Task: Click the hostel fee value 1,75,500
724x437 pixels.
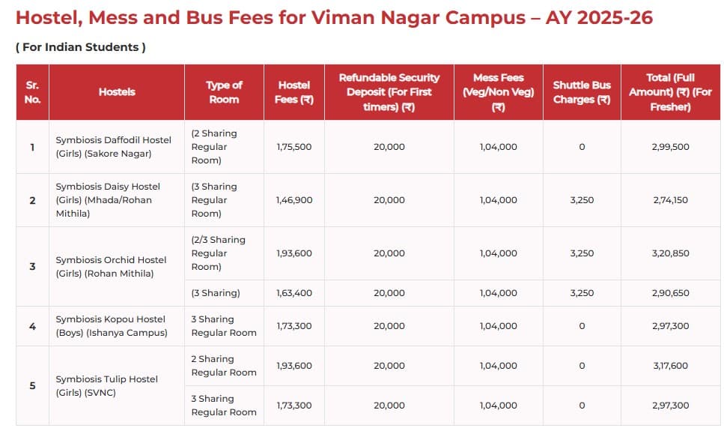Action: click(293, 147)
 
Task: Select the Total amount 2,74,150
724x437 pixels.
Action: click(670, 200)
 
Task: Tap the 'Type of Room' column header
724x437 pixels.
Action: click(224, 92)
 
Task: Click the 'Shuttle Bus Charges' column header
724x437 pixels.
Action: click(582, 92)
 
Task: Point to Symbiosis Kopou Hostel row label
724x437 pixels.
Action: click(112, 326)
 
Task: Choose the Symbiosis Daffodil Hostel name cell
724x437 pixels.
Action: click(114, 147)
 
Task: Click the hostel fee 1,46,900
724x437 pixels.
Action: click(293, 200)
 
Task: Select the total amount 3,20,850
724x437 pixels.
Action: click(670, 253)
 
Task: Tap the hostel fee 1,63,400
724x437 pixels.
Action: click(293, 293)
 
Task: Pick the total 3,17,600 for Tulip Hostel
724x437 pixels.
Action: click(670, 366)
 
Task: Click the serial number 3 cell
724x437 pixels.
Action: click(32, 267)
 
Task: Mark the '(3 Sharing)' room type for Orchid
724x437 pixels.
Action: click(216, 293)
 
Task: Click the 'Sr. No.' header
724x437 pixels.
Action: click(32, 92)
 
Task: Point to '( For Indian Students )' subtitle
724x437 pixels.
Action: click(80, 47)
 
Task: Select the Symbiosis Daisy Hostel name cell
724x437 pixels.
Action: click(108, 200)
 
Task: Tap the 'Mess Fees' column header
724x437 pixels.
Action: click(498, 92)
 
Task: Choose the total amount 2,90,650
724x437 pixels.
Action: click(670, 293)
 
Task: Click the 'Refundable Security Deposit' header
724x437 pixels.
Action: click(389, 92)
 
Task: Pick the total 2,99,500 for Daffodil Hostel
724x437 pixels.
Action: click(670, 147)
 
